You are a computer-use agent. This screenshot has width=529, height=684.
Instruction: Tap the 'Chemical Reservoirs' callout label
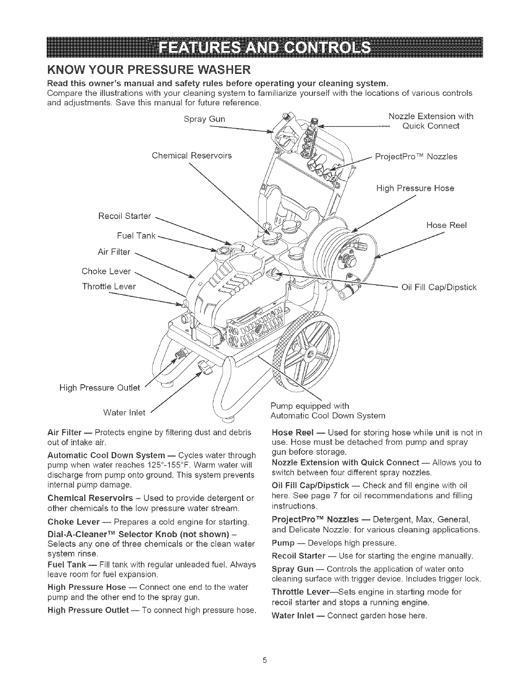192,155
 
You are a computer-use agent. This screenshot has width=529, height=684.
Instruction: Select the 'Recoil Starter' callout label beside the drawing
124,215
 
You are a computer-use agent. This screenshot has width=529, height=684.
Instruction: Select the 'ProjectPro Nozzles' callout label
416,157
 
